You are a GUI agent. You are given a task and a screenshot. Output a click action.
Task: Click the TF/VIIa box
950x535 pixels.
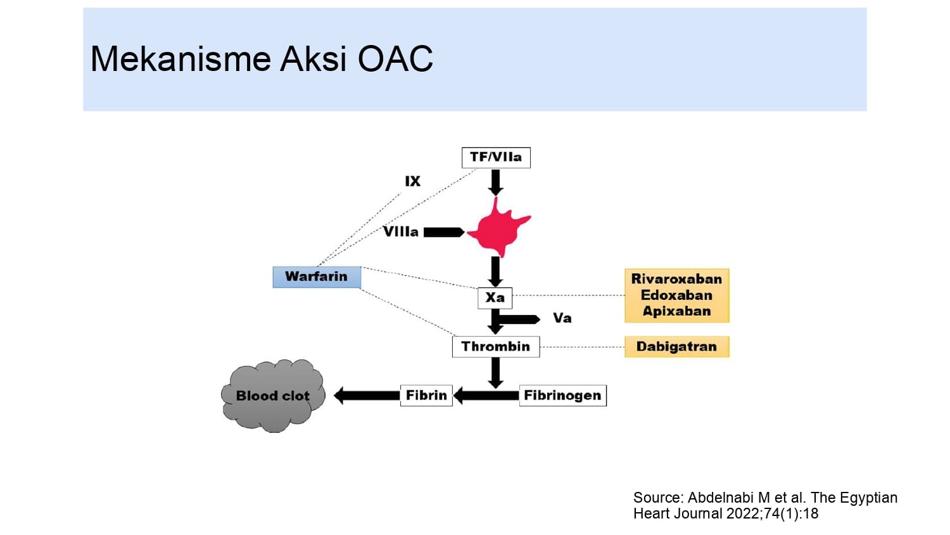point(496,157)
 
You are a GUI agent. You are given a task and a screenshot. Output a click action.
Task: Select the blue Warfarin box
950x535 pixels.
point(317,277)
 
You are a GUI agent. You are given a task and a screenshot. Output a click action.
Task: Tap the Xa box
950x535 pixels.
point(495,297)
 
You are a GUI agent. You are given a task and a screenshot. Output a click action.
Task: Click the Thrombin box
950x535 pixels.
point(496,347)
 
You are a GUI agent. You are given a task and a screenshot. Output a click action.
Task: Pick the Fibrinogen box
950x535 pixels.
point(562,396)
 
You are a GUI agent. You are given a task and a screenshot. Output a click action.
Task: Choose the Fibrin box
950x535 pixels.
point(426,396)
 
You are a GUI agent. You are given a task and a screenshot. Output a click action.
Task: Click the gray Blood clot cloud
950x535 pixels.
point(273,396)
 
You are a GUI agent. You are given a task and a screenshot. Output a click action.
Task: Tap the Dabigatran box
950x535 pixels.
point(676,347)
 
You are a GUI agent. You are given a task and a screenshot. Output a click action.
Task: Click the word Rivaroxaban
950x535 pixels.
point(676,279)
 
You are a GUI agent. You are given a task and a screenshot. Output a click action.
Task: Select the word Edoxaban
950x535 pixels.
point(676,295)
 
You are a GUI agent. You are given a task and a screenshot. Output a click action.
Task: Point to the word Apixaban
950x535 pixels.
point(676,311)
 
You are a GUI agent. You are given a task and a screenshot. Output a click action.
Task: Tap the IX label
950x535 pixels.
point(412,181)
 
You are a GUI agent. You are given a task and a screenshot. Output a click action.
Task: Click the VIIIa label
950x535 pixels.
point(401,232)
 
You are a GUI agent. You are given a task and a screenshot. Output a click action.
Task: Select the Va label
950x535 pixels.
point(562,318)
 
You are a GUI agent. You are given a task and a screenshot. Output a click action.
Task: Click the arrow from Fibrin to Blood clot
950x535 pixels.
point(367,396)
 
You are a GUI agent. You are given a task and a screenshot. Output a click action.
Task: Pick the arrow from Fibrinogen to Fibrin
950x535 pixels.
point(486,396)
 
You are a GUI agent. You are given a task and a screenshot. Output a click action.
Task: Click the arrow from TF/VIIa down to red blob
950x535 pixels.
point(496,182)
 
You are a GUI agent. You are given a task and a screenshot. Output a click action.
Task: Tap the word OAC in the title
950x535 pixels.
point(395,59)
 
